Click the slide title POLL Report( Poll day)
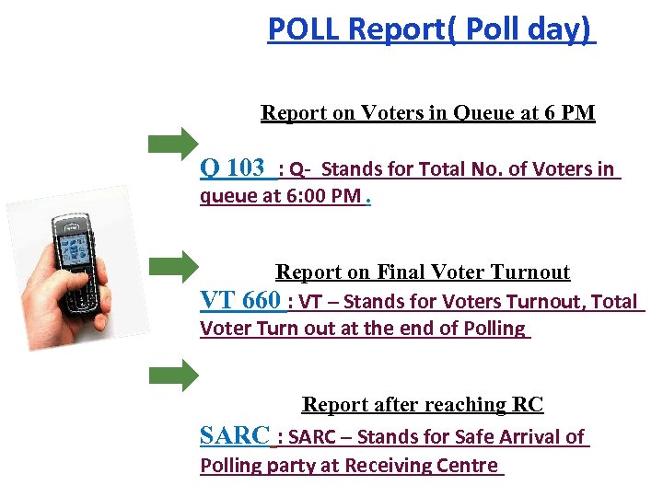430,29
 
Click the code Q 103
232,168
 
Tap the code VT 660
240,300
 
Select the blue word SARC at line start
235,435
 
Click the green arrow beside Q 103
173,144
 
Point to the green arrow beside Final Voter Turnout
173,266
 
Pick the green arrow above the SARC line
173,376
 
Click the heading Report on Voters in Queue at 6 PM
428,113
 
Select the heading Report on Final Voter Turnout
423,272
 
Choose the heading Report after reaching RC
423,405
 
